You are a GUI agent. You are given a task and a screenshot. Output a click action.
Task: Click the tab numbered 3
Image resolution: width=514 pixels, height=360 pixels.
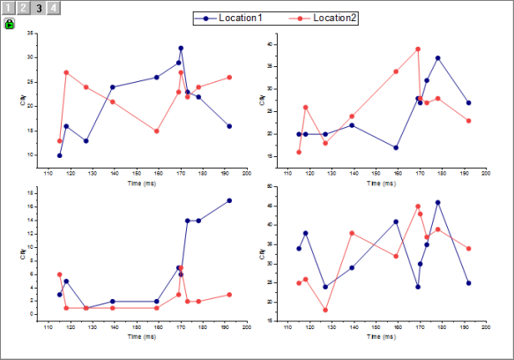point(39,7)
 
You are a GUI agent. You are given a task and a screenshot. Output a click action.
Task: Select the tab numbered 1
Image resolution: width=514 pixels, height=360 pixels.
point(7,7)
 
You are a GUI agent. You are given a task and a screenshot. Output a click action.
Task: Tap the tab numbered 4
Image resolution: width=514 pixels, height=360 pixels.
point(54,7)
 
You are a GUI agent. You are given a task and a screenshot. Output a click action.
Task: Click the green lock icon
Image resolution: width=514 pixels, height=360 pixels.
point(10,25)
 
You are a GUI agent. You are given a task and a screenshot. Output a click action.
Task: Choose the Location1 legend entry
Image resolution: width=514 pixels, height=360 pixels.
point(232,18)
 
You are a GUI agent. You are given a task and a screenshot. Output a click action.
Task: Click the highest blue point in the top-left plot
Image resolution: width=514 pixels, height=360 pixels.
point(181,48)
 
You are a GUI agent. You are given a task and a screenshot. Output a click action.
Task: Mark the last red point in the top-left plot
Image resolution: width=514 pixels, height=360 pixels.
point(229,77)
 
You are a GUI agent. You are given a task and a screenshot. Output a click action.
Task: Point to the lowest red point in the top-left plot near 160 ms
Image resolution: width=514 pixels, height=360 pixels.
point(157,131)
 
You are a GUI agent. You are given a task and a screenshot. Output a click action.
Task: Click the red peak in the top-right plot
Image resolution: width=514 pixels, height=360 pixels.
point(418,49)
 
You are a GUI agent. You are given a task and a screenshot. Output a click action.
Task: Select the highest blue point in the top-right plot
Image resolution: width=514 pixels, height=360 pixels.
point(438,58)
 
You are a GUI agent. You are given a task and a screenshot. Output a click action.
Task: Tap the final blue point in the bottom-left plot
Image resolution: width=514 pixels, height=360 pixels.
point(229,200)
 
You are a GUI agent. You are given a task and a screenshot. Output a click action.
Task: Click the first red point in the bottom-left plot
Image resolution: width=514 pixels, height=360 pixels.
point(60,274)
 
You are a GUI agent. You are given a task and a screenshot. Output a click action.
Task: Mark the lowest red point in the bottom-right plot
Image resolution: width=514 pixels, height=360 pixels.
point(325,310)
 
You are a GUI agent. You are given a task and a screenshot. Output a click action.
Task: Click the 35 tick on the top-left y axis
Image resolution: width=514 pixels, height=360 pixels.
point(33,34)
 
